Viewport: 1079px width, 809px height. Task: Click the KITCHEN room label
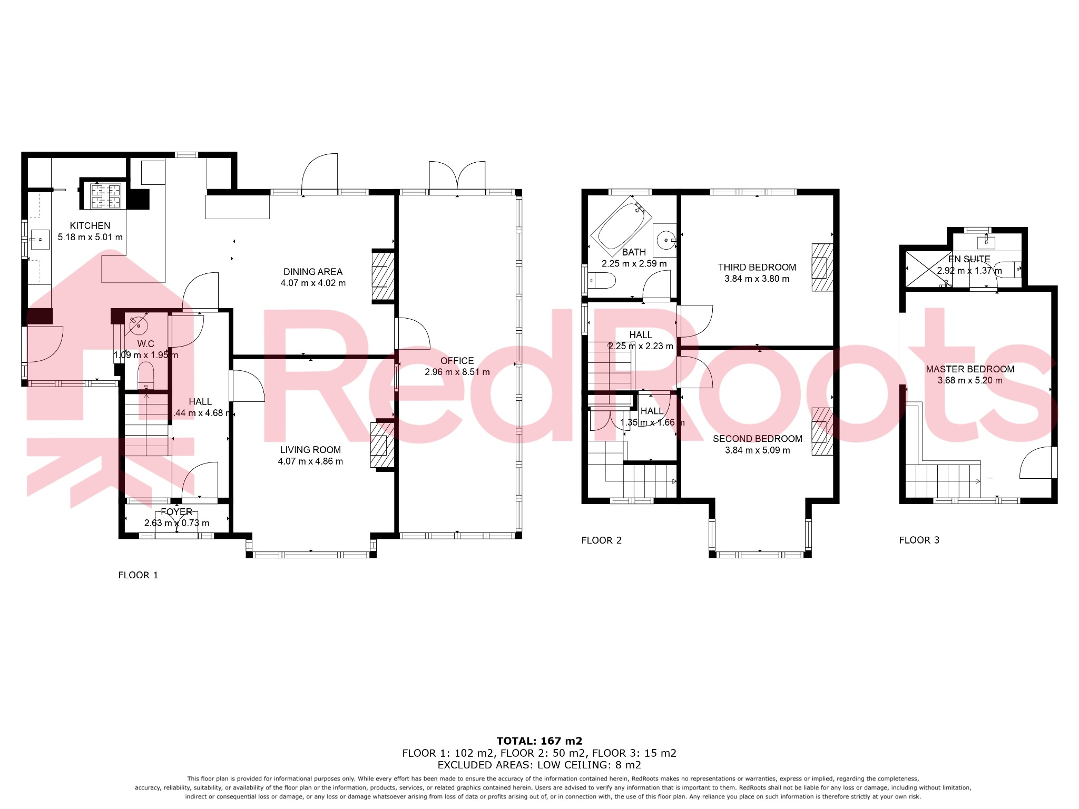pos(90,225)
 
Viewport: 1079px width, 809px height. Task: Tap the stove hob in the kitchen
pos(106,195)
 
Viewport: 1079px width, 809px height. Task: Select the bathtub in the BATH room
pos(620,230)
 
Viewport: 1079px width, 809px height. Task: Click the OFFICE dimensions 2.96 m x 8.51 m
pos(457,372)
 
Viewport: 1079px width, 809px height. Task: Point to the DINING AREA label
pos(313,272)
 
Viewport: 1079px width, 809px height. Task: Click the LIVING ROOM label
pos(310,450)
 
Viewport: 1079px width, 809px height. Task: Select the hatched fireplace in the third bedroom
pos(822,267)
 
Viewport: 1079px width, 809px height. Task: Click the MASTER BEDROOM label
pos(970,369)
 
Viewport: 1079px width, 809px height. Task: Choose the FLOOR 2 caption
pos(601,540)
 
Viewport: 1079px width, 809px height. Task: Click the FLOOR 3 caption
pos(919,540)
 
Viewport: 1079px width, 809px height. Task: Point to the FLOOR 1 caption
pos(138,575)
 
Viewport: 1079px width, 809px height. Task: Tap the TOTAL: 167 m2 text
pos(539,741)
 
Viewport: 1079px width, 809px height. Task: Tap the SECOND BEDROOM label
pos(757,439)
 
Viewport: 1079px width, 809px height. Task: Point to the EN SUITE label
pos(969,259)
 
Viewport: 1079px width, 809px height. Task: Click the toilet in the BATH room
pos(602,281)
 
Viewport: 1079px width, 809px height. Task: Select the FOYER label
pos(176,512)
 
